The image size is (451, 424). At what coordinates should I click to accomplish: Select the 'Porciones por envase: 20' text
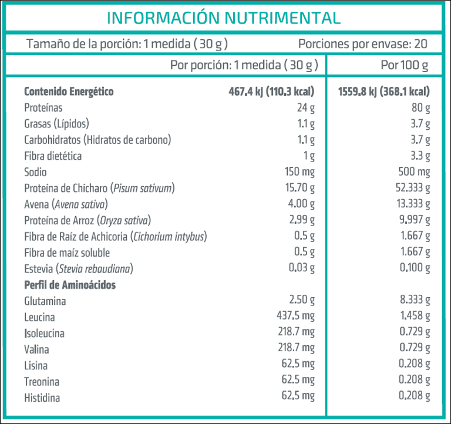[x=362, y=43]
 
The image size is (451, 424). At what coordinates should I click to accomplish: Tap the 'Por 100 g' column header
[x=405, y=65]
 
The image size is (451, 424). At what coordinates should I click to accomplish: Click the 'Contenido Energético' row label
[x=69, y=92]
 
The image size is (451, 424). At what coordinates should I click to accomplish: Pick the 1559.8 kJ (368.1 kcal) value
[x=384, y=92]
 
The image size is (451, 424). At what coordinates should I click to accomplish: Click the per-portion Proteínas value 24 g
[x=306, y=108]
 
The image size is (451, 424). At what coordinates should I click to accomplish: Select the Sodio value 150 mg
[x=299, y=172]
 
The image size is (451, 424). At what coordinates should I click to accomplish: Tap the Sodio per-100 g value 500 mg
[x=414, y=172]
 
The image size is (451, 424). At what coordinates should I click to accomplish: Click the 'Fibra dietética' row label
[x=53, y=156]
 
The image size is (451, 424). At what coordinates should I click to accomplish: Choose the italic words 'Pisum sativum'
[x=143, y=189]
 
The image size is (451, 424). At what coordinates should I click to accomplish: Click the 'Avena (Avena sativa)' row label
[x=66, y=204]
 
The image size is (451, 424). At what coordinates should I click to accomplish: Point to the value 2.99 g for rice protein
[x=302, y=220]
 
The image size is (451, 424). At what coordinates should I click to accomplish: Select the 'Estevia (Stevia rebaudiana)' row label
[x=79, y=269]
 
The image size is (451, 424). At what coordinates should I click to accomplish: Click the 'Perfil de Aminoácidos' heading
[x=70, y=285]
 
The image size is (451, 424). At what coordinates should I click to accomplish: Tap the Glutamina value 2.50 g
[x=302, y=301]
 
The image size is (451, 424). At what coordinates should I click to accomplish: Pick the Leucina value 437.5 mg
[x=295, y=317]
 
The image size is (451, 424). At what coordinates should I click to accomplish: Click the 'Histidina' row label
[x=42, y=398]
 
